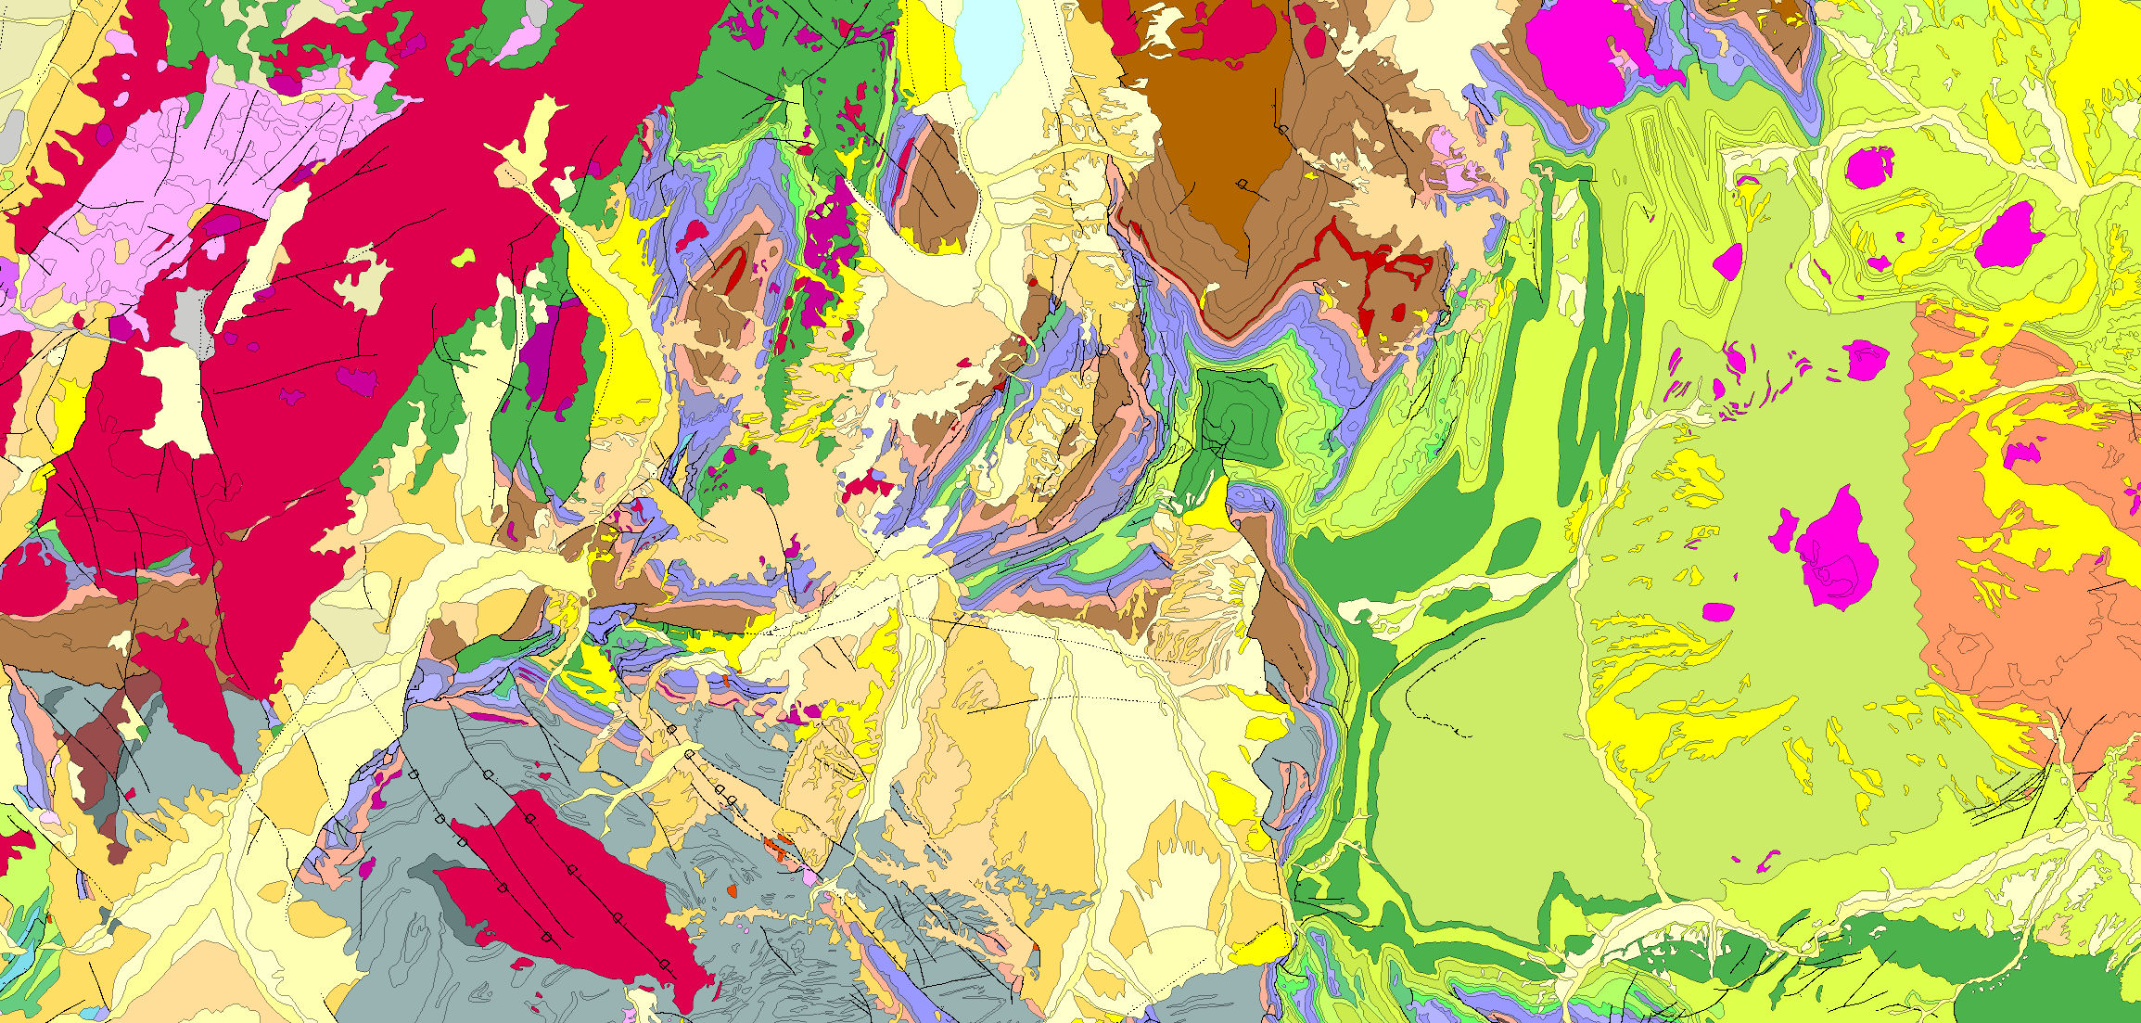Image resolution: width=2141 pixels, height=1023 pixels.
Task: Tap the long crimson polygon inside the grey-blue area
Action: click(566, 890)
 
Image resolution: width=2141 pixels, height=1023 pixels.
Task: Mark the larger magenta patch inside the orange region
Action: click(2021, 454)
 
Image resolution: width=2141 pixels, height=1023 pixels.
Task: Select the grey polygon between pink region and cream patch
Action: click(193, 320)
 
